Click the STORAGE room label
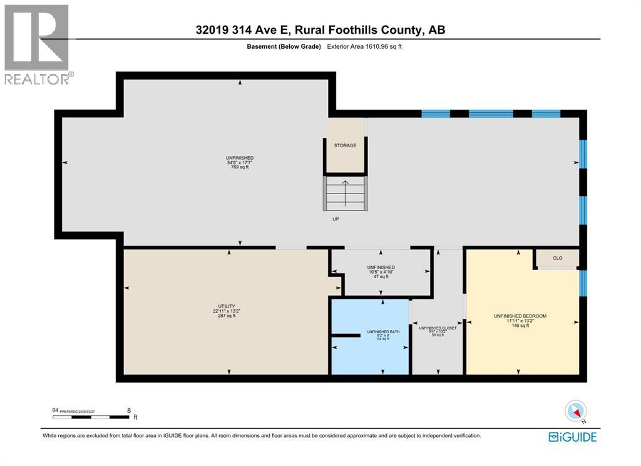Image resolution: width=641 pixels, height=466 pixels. click(x=345, y=145)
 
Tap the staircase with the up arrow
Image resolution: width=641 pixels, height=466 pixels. click(x=345, y=194)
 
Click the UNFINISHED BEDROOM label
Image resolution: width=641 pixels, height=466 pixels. click(x=520, y=316)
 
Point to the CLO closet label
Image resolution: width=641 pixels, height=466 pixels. click(x=557, y=257)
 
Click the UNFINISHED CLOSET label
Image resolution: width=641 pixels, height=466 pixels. click(x=438, y=328)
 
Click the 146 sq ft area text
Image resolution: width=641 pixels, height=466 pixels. click(x=520, y=326)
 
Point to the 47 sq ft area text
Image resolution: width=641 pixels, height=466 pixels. click(x=381, y=276)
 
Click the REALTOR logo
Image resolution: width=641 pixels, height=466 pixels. click(x=37, y=44)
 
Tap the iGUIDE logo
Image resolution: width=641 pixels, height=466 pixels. click(x=572, y=437)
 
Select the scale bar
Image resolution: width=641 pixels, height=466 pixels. click(x=91, y=417)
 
